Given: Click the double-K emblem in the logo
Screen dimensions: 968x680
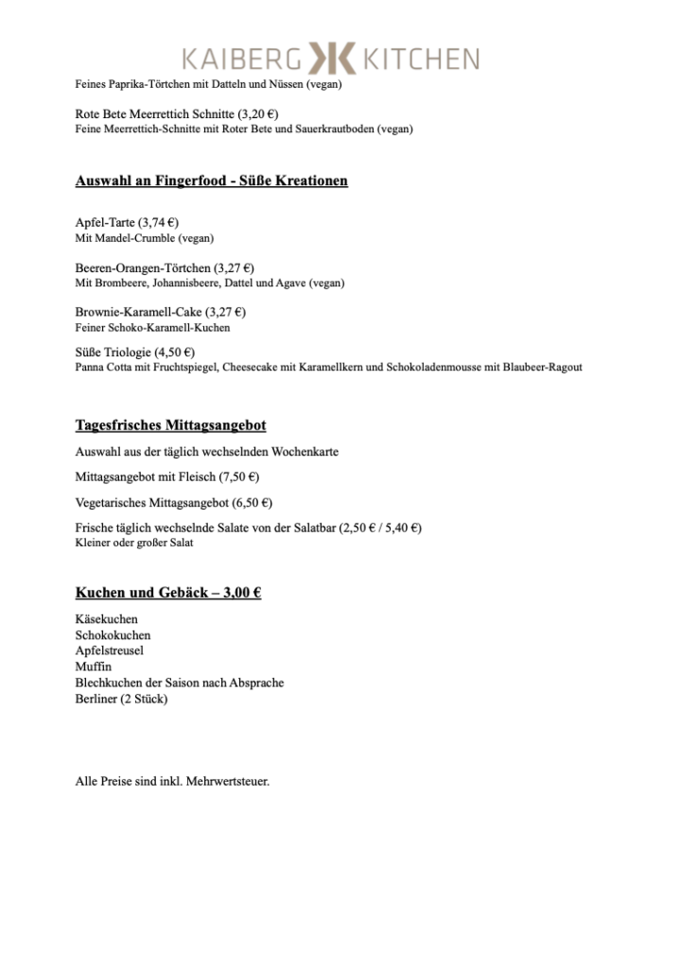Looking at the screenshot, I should (x=330, y=60).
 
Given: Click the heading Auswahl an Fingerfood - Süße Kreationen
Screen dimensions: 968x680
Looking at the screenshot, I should (x=211, y=180).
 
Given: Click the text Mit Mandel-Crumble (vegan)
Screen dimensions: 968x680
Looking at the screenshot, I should (x=144, y=238).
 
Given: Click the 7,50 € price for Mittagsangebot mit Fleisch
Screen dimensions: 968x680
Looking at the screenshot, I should (x=238, y=477).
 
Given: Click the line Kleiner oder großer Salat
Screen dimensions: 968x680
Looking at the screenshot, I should (x=134, y=543).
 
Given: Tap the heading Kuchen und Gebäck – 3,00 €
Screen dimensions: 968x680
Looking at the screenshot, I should (x=168, y=594).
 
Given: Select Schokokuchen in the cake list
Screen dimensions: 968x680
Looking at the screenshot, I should (x=113, y=635).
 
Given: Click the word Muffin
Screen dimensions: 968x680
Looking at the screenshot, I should (x=93, y=666).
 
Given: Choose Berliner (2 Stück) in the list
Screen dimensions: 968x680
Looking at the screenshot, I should (x=121, y=699).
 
